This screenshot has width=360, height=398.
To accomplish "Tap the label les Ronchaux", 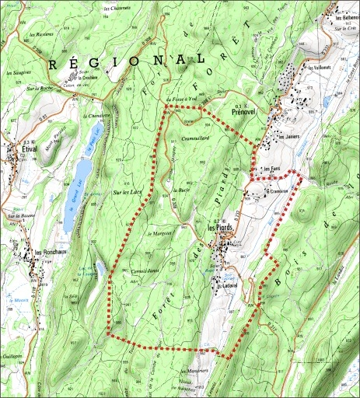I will click(x=48, y=252).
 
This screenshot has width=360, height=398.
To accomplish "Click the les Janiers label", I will click(x=288, y=136).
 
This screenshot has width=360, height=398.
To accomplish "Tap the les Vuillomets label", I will click(x=318, y=68).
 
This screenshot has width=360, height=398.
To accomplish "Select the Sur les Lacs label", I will click(x=127, y=191).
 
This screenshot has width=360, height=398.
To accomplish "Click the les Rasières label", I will click(x=40, y=35).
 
